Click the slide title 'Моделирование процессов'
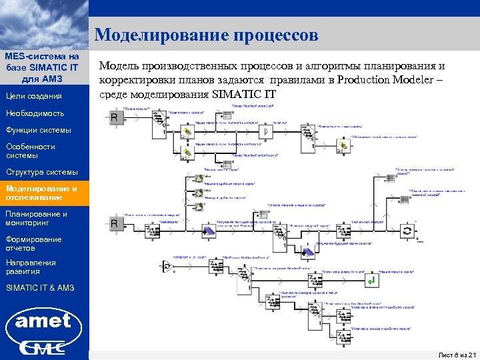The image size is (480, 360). pyautogui.click(x=206, y=35)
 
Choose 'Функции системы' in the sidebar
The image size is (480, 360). pyautogui.click(x=37, y=129)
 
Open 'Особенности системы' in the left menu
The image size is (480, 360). pyautogui.click(x=30, y=151)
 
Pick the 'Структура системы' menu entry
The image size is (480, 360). pyautogui.click(x=41, y=172)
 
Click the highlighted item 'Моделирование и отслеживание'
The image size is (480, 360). pyautogui.click(x=41, y=193)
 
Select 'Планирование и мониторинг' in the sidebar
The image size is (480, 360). pyautogui.click(x=37, y=218)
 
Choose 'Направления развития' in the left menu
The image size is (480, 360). pyautogui.click(x=31, y=267)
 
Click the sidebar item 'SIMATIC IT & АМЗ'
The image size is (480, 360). pyautogui.click(x=39, y=288)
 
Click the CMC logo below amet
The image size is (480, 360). pyautogui.click(x=43, y=347)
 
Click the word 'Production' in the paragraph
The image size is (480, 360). pyautogui.click(x=367, y=80)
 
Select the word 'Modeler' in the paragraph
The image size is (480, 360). pyautogui.click(x=419, y=80)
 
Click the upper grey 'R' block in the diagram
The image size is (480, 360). pyautogui.click(x=115, y=118)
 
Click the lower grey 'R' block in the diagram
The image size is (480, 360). pyautogui.click(x=115, y=225)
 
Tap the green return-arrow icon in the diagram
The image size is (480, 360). pyautogui.click(x=373, y=281)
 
